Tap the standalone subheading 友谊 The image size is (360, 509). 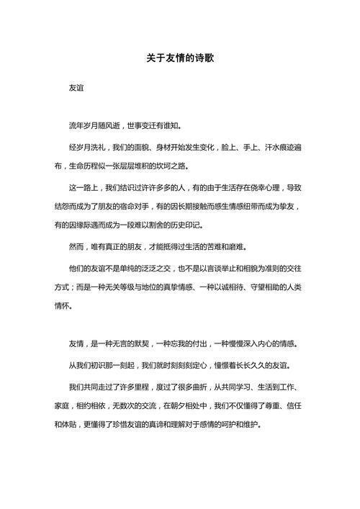click(x=76, y=89)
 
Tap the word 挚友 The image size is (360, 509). click(x=295, y=207)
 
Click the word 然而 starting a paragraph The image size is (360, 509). click(x=76, y=247)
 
